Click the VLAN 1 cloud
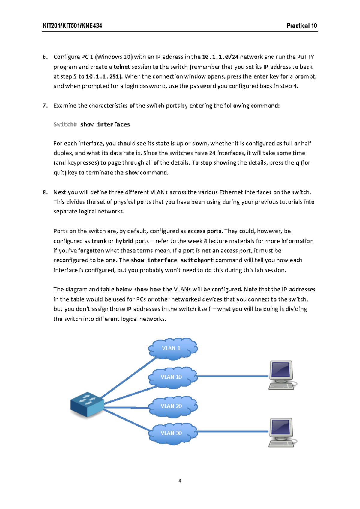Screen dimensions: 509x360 point(172,348)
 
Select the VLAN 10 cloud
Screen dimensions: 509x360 point(172,377)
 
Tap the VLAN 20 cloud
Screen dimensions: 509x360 point(172,406)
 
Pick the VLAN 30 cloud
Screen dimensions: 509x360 point(172,433)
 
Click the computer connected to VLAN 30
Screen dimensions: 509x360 point(281,432)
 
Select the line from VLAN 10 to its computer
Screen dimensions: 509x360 point(232,376)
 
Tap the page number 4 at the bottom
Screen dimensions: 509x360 point(180,481)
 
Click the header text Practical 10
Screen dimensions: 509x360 point(301,26)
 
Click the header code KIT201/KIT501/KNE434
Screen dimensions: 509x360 point(72,26)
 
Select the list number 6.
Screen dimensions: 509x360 point(45,57)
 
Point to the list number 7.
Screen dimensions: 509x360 point(45,106)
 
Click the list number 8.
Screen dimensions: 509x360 point(45,192)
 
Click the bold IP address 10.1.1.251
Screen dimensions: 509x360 point(103,76)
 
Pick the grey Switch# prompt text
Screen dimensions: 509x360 point(65,124)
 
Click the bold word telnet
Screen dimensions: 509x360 point(122,67)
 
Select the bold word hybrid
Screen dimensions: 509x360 point(124,241)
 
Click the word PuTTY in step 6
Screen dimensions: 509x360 point(305,57)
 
